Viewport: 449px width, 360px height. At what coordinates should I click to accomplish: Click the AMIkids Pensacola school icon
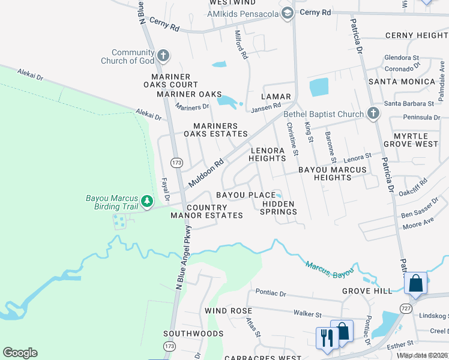coord(288,13)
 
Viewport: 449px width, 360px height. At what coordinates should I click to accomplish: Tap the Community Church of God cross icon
coord(163,56)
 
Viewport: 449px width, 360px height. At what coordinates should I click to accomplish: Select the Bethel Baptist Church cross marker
coord(373,113)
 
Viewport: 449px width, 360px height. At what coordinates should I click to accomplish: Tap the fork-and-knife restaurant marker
coord(325,338)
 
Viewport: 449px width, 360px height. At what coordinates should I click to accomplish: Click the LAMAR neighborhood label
coord(276,97)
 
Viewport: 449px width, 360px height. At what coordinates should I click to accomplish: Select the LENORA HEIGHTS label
coord(267,154)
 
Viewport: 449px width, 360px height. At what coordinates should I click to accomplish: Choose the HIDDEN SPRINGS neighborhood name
coord(279,208)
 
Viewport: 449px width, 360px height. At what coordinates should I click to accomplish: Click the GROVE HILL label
coord(367,291)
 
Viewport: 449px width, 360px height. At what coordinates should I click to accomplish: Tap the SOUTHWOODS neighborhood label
coord(193,333)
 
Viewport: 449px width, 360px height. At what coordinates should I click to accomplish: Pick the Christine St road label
coord(292,139)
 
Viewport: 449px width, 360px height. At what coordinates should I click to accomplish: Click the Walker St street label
coord(308,314)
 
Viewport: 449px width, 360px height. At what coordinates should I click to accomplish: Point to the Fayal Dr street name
coord(166,188)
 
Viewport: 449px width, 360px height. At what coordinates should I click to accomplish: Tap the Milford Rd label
coord(241,44)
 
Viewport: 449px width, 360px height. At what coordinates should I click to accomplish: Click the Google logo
coord(20,353)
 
